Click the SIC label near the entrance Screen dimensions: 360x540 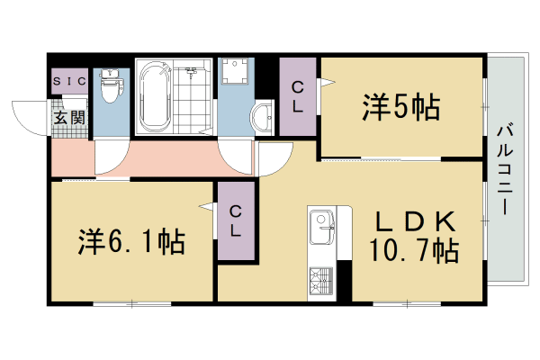[69, 82]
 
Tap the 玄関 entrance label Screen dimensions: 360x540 [69, 117]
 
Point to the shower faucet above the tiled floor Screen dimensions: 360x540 [192, 70]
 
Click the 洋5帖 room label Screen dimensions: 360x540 [400, 107]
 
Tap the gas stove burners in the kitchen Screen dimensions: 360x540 [320, 282]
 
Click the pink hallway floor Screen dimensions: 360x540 [162, 159]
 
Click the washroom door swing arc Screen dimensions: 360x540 [238, 162]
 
